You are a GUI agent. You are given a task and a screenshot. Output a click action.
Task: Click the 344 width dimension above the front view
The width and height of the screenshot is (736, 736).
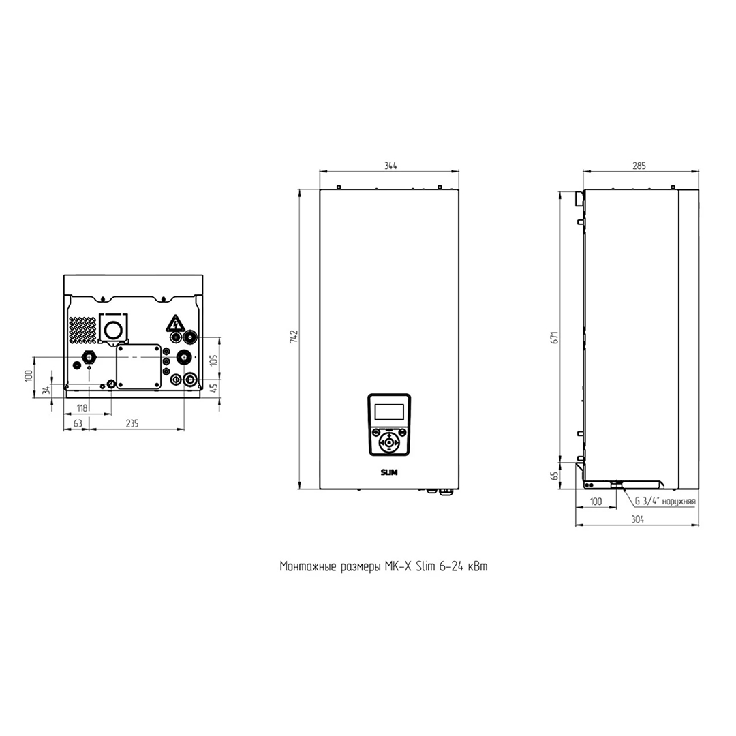(390, 166)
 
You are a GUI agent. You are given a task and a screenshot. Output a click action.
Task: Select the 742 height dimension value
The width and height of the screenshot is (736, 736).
(294, 337)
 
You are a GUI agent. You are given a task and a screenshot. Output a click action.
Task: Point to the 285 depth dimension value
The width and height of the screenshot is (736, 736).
(639, 166)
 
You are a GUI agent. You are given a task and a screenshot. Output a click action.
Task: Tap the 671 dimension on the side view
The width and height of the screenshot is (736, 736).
(555, 337)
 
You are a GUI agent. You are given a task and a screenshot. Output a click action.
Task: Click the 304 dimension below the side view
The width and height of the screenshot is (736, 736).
(637, 519)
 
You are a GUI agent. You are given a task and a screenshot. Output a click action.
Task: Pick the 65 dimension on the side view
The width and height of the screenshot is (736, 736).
(555, 476)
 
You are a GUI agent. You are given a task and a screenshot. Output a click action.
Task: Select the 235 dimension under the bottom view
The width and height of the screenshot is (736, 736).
(132, 423)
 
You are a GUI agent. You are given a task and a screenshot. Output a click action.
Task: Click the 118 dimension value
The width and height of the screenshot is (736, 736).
(82, 408)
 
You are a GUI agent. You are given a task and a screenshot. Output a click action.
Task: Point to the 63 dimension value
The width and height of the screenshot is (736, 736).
(78, 423)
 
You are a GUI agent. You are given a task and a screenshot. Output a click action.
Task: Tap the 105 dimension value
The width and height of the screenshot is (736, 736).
(214, 360)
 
